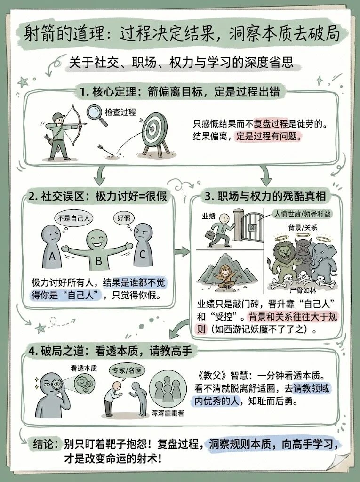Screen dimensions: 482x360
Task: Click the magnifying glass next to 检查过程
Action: tap(97, 114)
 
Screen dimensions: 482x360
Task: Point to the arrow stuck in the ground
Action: tap(107, 151)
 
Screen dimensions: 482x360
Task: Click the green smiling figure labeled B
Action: tap(97, 252)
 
